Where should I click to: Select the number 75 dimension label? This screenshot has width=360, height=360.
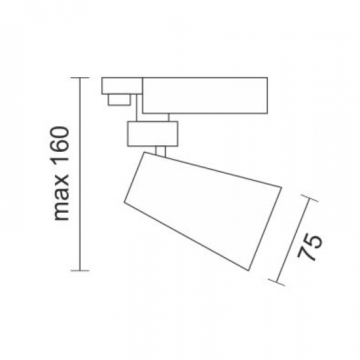point(314,247)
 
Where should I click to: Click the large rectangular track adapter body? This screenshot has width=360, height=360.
point(204,96)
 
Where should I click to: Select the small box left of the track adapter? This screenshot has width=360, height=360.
point(121,86)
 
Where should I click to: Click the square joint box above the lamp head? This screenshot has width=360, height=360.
point(153,134)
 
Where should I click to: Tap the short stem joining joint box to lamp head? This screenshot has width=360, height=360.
point(162,152)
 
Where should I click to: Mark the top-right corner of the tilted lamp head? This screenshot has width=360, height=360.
point(281,188)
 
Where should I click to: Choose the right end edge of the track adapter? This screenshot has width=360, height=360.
point(267,96)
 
